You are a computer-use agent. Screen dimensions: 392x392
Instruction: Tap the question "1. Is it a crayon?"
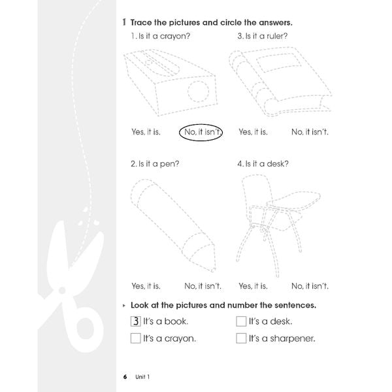coord(160,36)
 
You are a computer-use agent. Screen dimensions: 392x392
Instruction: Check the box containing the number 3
coord(135,321)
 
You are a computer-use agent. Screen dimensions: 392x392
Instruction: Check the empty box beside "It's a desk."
coord(241,321)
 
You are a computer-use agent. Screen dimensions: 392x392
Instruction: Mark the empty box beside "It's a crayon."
coord(135,338)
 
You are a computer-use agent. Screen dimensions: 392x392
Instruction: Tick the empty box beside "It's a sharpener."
coord(241,338)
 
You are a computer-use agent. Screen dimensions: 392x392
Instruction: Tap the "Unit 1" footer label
coord(143,376)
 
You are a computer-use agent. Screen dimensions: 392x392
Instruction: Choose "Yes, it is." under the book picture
coord(253,132)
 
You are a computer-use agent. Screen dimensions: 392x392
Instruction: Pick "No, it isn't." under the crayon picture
coord(203,286)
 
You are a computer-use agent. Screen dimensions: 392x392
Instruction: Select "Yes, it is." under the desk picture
coord(253,286)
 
